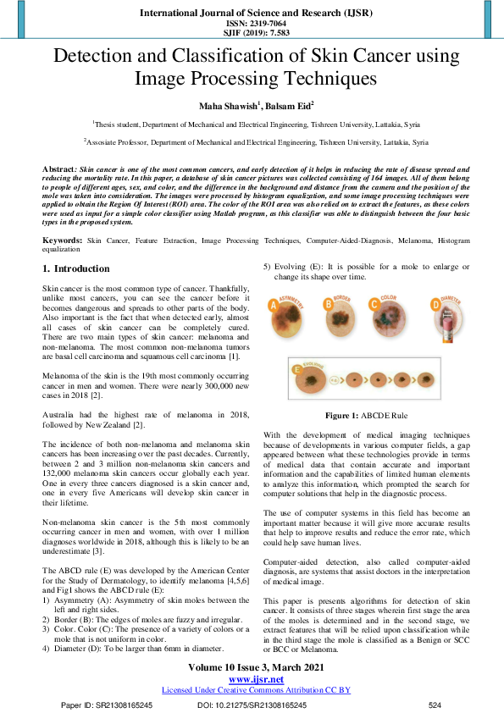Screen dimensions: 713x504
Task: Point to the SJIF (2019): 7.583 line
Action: [x=252, y=33]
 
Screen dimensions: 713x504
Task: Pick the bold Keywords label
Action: [x=62, y=241]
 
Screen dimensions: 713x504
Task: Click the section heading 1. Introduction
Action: [x=76, y=268]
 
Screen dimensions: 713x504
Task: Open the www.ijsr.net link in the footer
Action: [x=252, y=679]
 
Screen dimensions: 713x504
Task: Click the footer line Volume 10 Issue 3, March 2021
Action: [x=252, y=667]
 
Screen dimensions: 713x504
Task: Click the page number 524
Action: [x=435, y=705]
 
